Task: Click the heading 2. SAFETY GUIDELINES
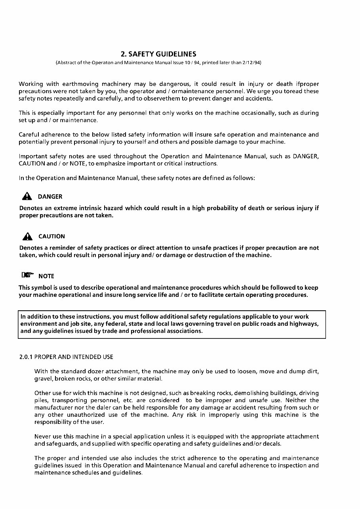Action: pos(158,54)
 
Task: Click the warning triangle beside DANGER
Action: pos(27,196)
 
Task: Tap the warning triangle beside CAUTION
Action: pos(27,236)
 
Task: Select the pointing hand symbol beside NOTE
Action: pos(28,275)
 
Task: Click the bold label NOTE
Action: pos(46,276)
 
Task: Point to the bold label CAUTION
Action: pos(51,237)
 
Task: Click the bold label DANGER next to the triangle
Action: pos(50,197)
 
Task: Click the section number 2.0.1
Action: pos(26,357)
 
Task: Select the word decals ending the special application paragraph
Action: pos(272,444)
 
